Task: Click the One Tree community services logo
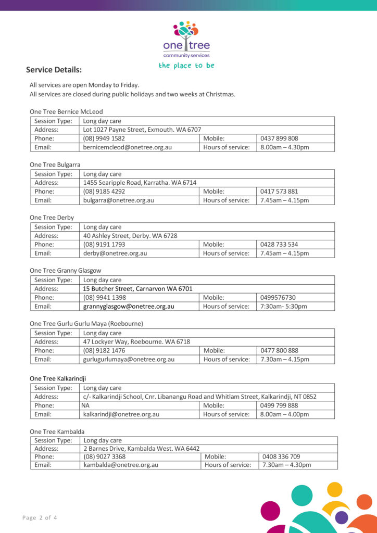pyautogui.click(x=186, y=40)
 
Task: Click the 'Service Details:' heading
pyautogui.click(x=54, y=70)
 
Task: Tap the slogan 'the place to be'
pyautogui.click(x=186, y=66)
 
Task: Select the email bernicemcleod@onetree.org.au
pyautogui.click(x=127, y=147)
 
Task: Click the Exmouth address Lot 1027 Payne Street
pyautogui.click(x=142, y=130)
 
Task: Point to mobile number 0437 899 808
pyautogui.click(x=279, y=138)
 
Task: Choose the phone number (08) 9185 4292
pyautogui.click(x=104, y=192)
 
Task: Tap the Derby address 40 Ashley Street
pyautogui.click(x=130, y=236)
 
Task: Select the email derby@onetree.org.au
pyautogui.click(x=115, y=253)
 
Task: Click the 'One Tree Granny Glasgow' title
pyautogui.click(x=65, y=271)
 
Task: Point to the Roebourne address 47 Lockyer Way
pyautogui.click(x=136, y=342)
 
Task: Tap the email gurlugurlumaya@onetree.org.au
pyautogui.click(x=129, y=359)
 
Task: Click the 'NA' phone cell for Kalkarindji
pyautogui.click(x=85, y=405)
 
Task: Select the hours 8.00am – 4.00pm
pyautogui.click(x=284, y=414)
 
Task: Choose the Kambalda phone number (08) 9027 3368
pyautogui.click(x=104, y=456)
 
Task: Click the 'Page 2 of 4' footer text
pyautogui.click(x=40, y=517)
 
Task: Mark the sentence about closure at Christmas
pyautogui.click(x=132, y=94)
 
